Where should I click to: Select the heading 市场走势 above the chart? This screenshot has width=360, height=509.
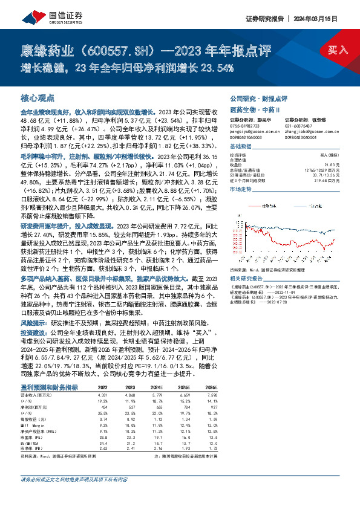[242, 190]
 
